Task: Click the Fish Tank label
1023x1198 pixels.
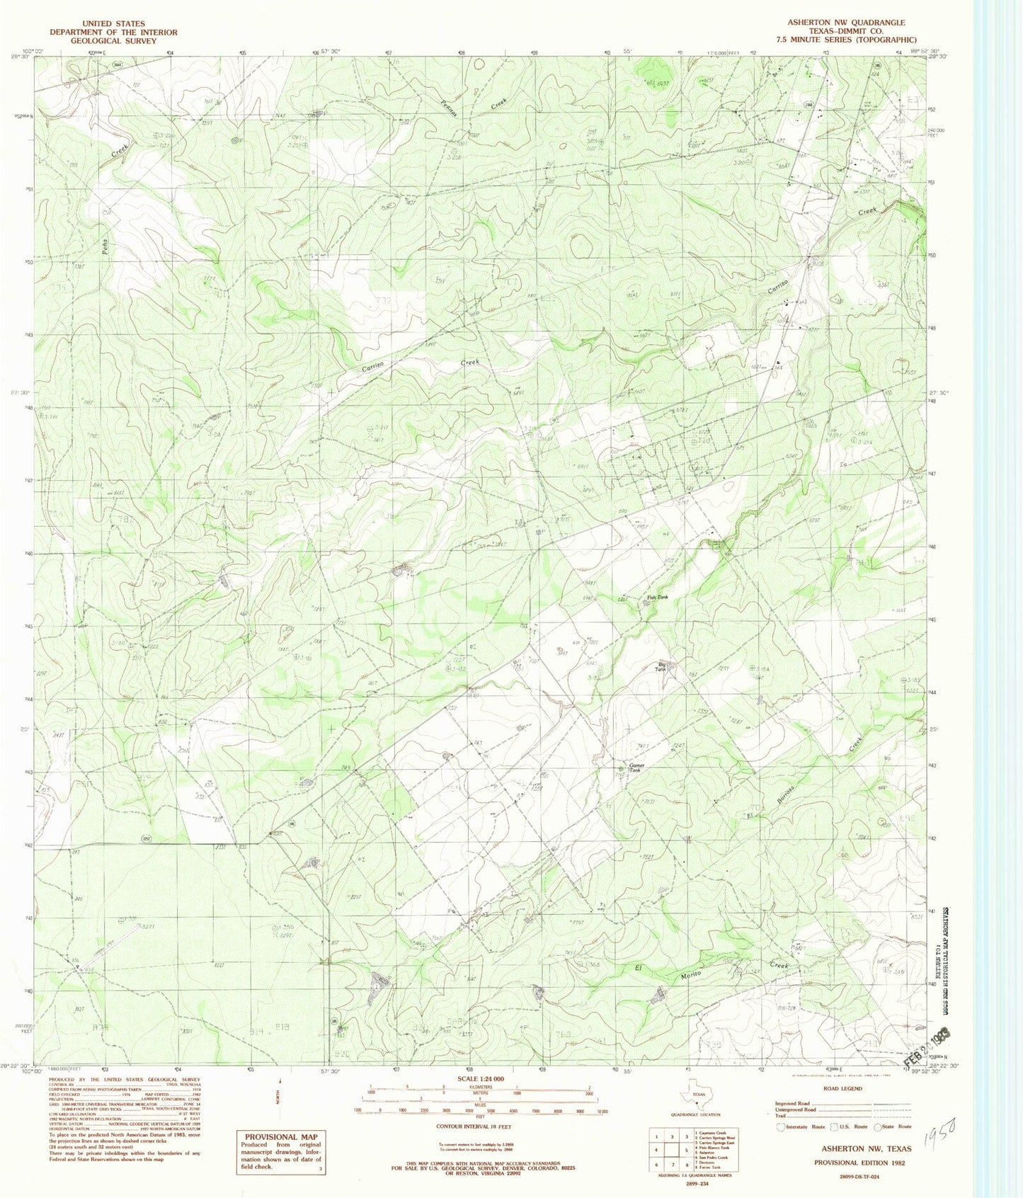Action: click(x=657, y=598)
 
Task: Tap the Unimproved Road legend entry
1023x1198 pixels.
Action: click(x=796, y=1109)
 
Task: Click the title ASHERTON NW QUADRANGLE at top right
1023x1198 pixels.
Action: click(x=846, y=23)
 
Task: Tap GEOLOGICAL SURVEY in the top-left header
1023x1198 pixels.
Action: click(x=113, y=41)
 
